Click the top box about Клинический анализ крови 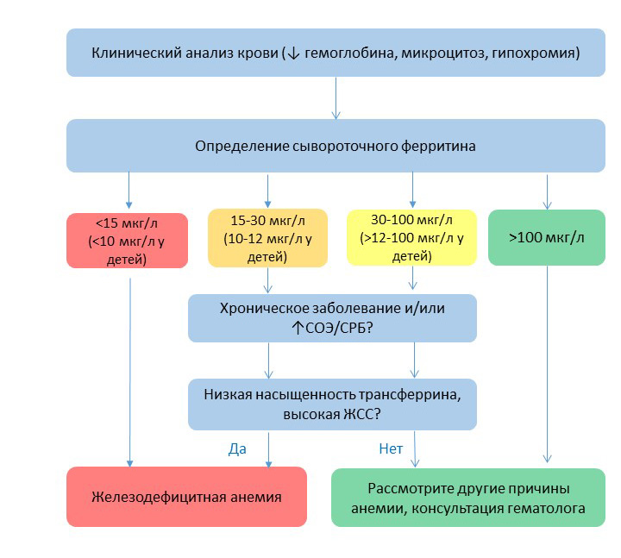336,53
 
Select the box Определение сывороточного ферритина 336,146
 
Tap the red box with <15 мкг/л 128,241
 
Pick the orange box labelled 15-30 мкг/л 267,236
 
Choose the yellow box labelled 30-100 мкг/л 412,236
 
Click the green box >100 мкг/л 546,237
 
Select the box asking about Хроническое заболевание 332,318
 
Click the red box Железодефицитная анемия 186,497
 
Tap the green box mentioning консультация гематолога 468,498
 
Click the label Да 237,448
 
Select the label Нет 391,448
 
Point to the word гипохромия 540,53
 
